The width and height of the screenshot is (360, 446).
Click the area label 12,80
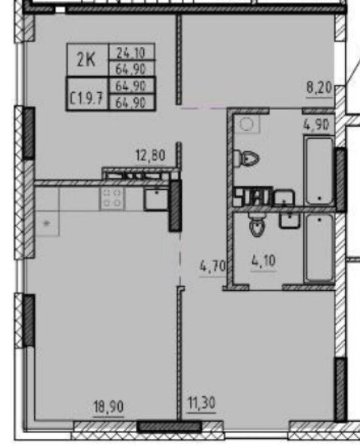click(x=150, y=156)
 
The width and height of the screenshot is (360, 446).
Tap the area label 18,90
click(x=109, y=406)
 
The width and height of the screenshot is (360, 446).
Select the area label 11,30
click(x=202, y=403)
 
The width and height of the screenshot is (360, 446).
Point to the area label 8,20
click(x=319, y=88)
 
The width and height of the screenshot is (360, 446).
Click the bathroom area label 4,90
click(x=316, y=125)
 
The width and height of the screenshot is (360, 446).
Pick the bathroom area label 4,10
click(x=263, y=260)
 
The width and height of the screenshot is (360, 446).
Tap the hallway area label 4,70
click(x=213, y=267)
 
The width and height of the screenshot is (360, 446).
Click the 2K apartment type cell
click(x=86, y=60)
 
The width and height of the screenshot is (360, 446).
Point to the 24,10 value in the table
click(x=131, y=52)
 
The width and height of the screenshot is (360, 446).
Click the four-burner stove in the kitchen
click(x=112, y=198)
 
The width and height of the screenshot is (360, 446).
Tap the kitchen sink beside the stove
click(x=156, y=199)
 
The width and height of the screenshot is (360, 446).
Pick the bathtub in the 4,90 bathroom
click(x=319, y=170)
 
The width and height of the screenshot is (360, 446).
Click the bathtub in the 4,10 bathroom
click(x=319, y=249)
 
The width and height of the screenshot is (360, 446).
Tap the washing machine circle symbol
click(x=247, y=124)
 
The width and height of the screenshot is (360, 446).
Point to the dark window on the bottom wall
click(x=169, y=427)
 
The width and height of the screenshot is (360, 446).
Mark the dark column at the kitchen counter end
click(x=175, y=206)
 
